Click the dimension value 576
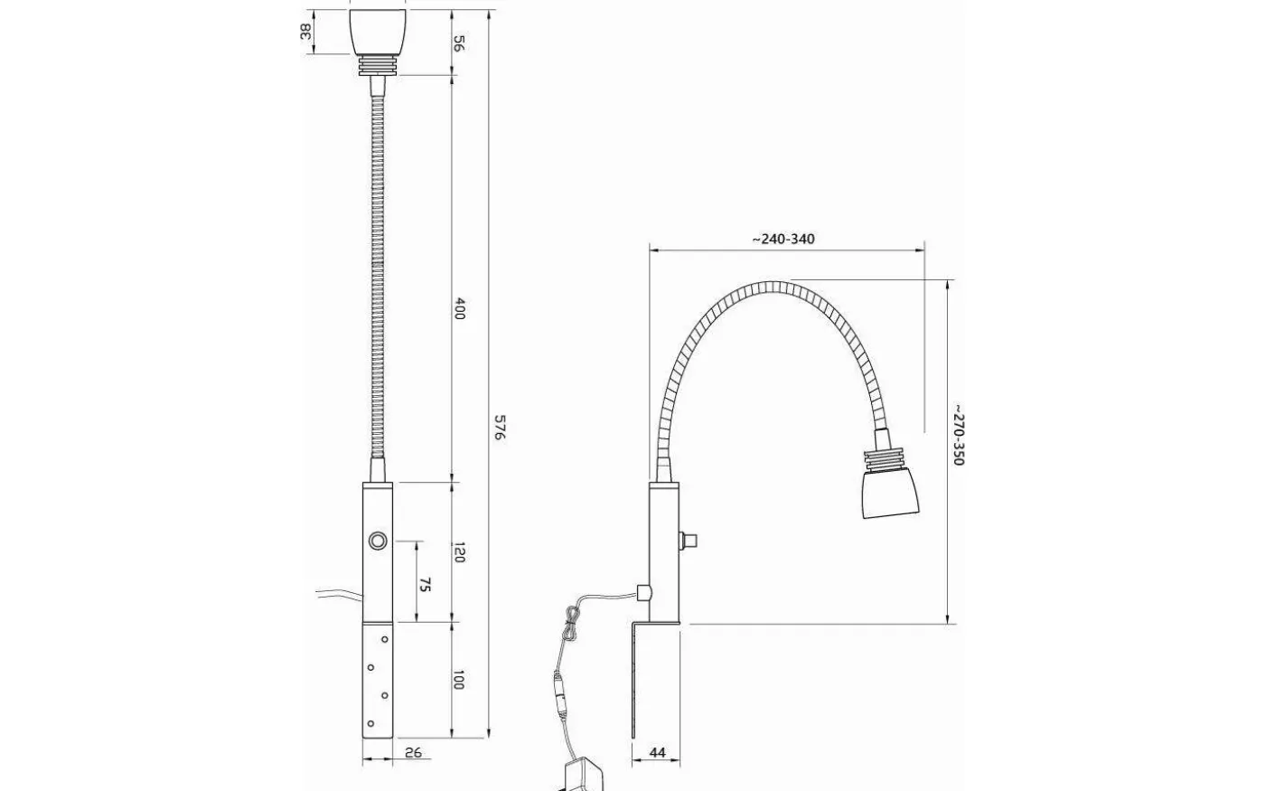pos(498,428)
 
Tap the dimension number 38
pos(305,32)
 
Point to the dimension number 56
pos(458,42)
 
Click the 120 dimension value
pos(459,552)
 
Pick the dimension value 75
pos(426,585)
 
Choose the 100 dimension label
pos(459,680)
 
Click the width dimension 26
pos(413,751)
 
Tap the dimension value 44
pos(658,752)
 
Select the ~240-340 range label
pos(783,239)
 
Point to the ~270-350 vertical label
pos(959,435)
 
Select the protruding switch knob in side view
pos(690,541)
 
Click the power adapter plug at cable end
pos(581,776)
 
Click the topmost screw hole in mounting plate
pos(385,640)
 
